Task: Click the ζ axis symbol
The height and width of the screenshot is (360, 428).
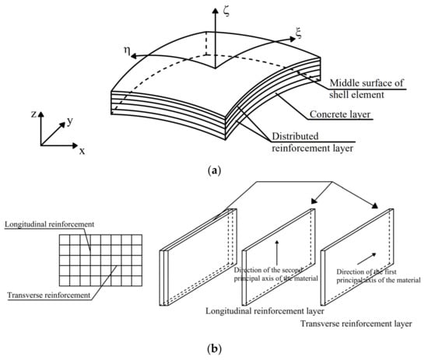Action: point(226,12)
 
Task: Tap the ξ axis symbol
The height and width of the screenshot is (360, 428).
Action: point(299,33)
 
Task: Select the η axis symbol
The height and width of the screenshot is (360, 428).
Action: point(127,51)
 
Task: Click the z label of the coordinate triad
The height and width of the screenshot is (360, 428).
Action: point(33,114)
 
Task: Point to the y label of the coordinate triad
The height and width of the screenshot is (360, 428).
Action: point(70,121)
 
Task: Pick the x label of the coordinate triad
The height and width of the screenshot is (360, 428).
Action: point(82,151)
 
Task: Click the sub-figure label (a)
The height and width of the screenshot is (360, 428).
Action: point(214,171)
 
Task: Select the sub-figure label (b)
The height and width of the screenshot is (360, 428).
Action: point(214,349)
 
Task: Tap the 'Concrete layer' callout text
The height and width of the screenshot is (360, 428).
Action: point(340,114)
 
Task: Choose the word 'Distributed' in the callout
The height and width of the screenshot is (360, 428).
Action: point(295,136)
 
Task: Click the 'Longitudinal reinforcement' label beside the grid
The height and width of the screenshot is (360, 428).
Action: point(49,225)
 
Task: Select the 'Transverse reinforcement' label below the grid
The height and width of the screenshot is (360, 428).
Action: point(48,295)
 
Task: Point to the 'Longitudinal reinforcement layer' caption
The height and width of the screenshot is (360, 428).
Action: point(265,311)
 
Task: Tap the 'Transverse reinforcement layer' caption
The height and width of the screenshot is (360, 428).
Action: point(356,323)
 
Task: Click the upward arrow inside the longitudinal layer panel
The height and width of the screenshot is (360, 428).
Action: point(277,253)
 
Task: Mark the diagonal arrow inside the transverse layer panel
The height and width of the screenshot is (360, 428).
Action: point(367,259)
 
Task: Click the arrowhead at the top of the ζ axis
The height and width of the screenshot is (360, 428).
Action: point(216,11)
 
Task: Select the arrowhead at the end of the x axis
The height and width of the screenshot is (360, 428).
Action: point(75,145)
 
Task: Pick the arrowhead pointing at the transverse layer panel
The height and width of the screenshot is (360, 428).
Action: point(374,205)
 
